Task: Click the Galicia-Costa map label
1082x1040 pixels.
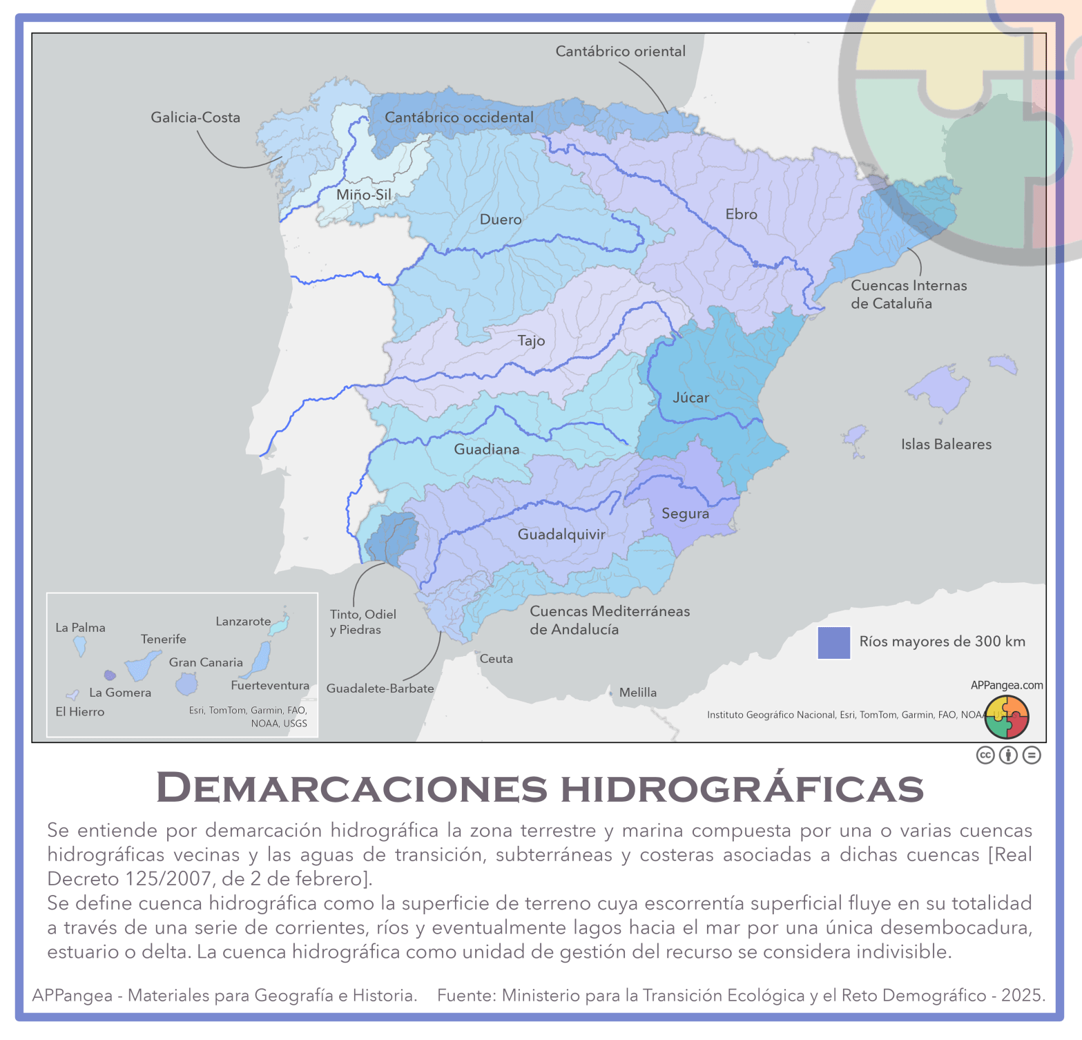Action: point(195,117)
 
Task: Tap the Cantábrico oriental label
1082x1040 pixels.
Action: point(620,51)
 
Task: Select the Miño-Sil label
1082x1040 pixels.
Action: point(364,195)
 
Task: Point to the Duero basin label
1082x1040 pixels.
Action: point(501,220)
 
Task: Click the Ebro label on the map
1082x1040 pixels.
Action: point(741,215)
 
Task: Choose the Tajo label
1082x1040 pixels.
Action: point(531,340)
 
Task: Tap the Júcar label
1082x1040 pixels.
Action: point(690,398)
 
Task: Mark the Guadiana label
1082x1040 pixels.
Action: point(486,450)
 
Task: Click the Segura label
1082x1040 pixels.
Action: point(685,514)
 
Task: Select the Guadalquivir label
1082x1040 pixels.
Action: point(561,535)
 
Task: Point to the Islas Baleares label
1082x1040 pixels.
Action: point(946,445)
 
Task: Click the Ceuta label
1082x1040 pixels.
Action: point(496,659)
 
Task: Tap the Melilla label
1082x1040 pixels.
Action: point(637,693)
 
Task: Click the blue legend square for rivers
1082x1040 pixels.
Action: point(833,643)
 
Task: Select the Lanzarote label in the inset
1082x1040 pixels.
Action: point(243,622)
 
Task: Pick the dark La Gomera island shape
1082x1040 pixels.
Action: point(109,675)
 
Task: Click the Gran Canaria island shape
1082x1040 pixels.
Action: point(186,684)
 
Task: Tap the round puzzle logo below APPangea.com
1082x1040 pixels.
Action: point(1007,717)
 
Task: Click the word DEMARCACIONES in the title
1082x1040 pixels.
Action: point(351,787)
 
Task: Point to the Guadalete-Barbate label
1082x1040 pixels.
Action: point(380,688)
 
